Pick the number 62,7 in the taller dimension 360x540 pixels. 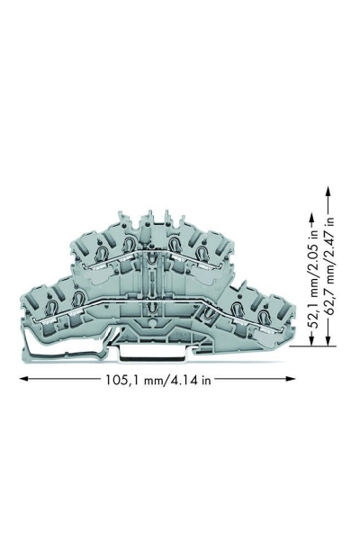click(x=330, y=302)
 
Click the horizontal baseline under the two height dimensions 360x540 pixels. click(x=321, y=346)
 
